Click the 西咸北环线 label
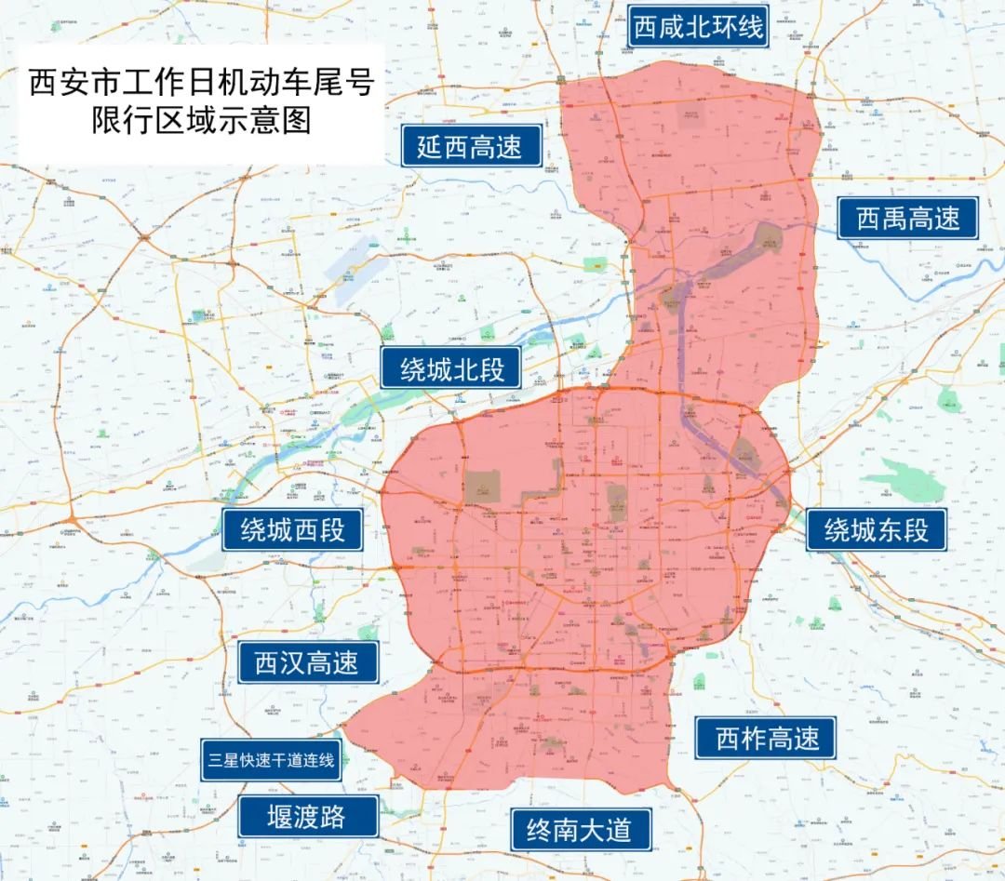(x=698, y=27)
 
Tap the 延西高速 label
(x=472, y=146)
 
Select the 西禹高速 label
(x=907, y=219)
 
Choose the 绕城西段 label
(x=293, y=530)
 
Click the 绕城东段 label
(x=877, y=530)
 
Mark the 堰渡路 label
(x=307, y=817)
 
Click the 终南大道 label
(x=580, y=828)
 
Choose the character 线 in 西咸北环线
(x=751, y=27)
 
